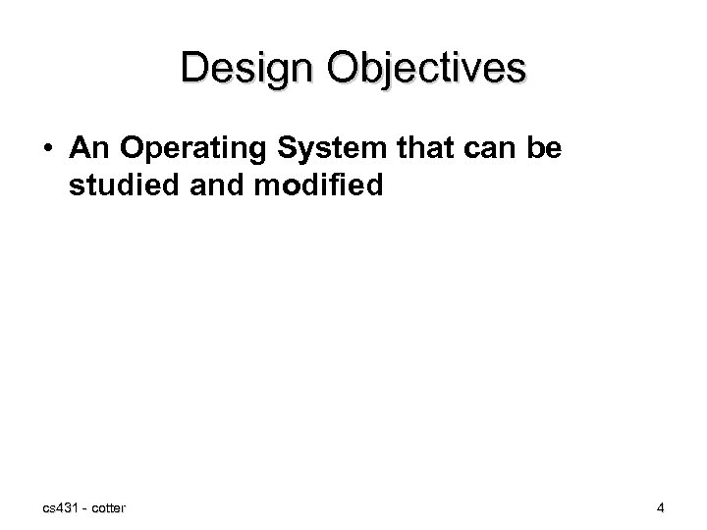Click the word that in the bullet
tap(410, 149)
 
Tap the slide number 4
tap(661, 506)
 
